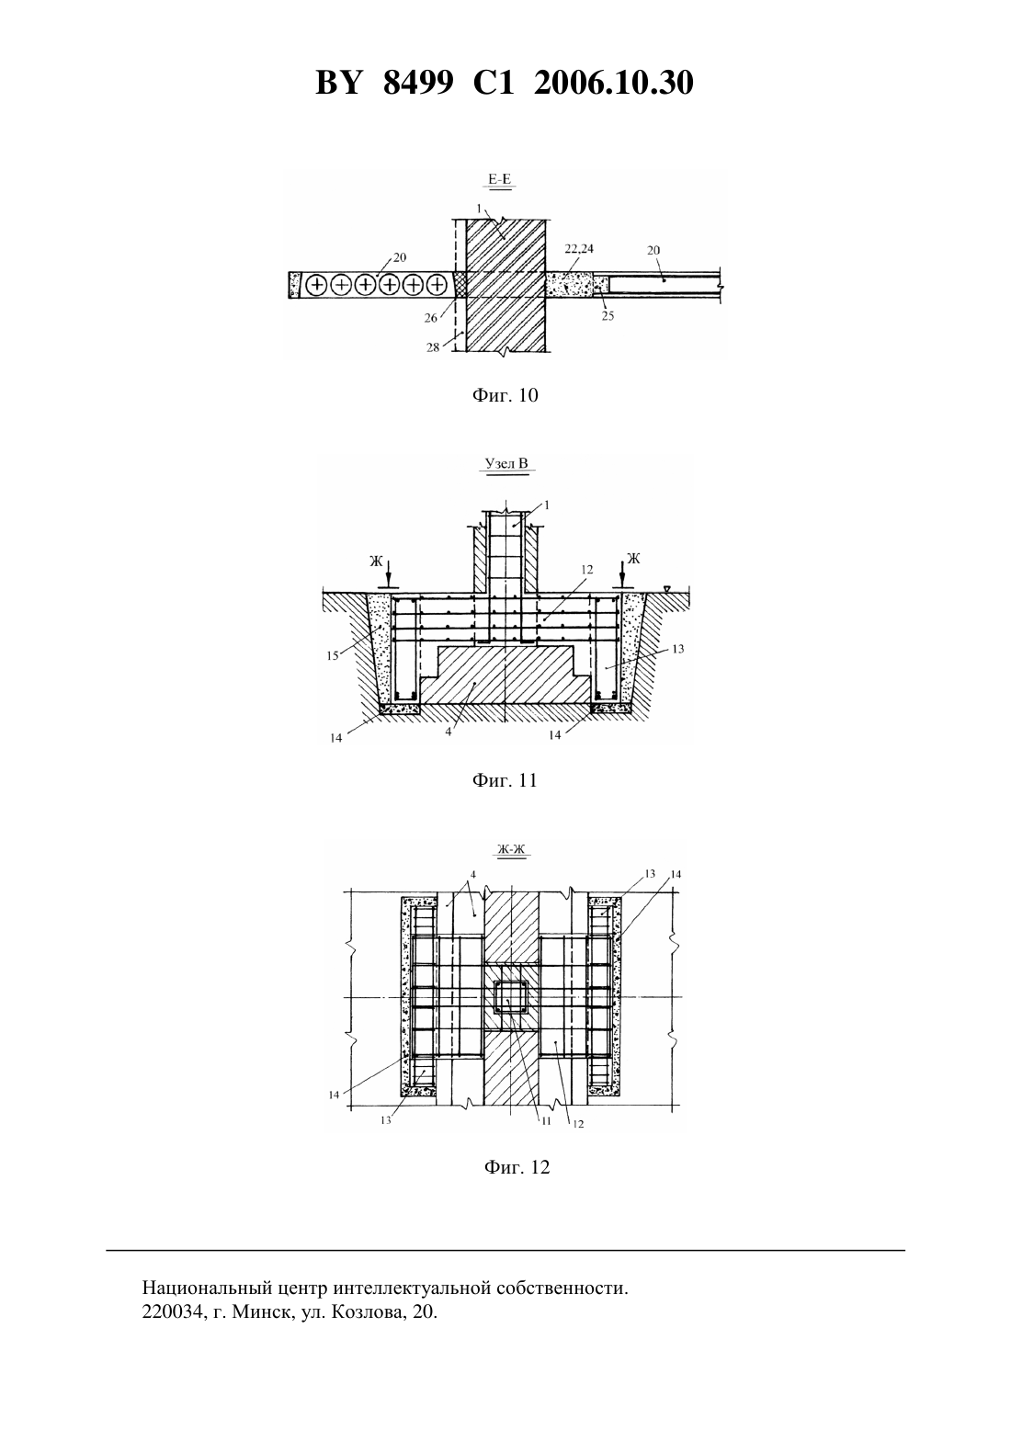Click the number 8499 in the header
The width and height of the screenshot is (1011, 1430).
coord(418,84)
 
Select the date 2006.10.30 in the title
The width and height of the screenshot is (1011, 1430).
coord(613,84)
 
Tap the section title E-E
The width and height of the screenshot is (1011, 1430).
coord(500,180)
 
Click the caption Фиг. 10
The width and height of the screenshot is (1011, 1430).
coord(505,395)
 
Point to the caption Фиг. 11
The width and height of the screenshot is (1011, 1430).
coord(505,780)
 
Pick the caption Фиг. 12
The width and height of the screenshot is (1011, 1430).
coord(517,1166)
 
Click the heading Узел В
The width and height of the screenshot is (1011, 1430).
coord(506,463)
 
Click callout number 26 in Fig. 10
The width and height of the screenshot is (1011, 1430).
coord(431,318)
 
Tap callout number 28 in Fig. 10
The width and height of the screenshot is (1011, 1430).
coord(433,348)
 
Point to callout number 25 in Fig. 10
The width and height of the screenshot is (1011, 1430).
coord(608,315)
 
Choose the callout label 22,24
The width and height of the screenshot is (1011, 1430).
coord(579,248)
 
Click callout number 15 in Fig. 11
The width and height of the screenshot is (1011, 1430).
coord(333,655)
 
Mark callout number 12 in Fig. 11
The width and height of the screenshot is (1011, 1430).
coord(587,570)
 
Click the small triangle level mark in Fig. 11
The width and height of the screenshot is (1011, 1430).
coord(667,588)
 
